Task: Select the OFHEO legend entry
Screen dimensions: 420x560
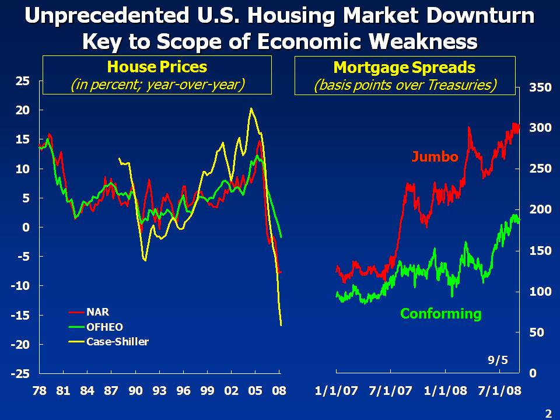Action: (104, 327)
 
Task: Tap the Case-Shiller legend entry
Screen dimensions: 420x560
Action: (117, 342)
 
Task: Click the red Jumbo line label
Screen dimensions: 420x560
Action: (435, 156)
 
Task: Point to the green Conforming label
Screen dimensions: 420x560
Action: (440, 314)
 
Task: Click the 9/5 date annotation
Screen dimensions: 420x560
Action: (497, 360)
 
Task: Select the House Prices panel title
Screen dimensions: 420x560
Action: (157, 67)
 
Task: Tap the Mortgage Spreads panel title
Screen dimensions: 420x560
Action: (405, 67)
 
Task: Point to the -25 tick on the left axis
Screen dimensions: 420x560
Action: (22, 373)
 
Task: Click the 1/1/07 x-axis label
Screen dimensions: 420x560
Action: (335, 391)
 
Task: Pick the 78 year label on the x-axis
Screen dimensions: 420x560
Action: (39, 391)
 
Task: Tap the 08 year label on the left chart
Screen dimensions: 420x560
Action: (279, 391)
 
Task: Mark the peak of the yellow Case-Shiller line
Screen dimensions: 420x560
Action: (251, 108)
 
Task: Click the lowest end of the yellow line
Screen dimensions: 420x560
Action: (281, 325)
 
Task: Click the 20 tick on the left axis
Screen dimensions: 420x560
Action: (22, 110)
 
